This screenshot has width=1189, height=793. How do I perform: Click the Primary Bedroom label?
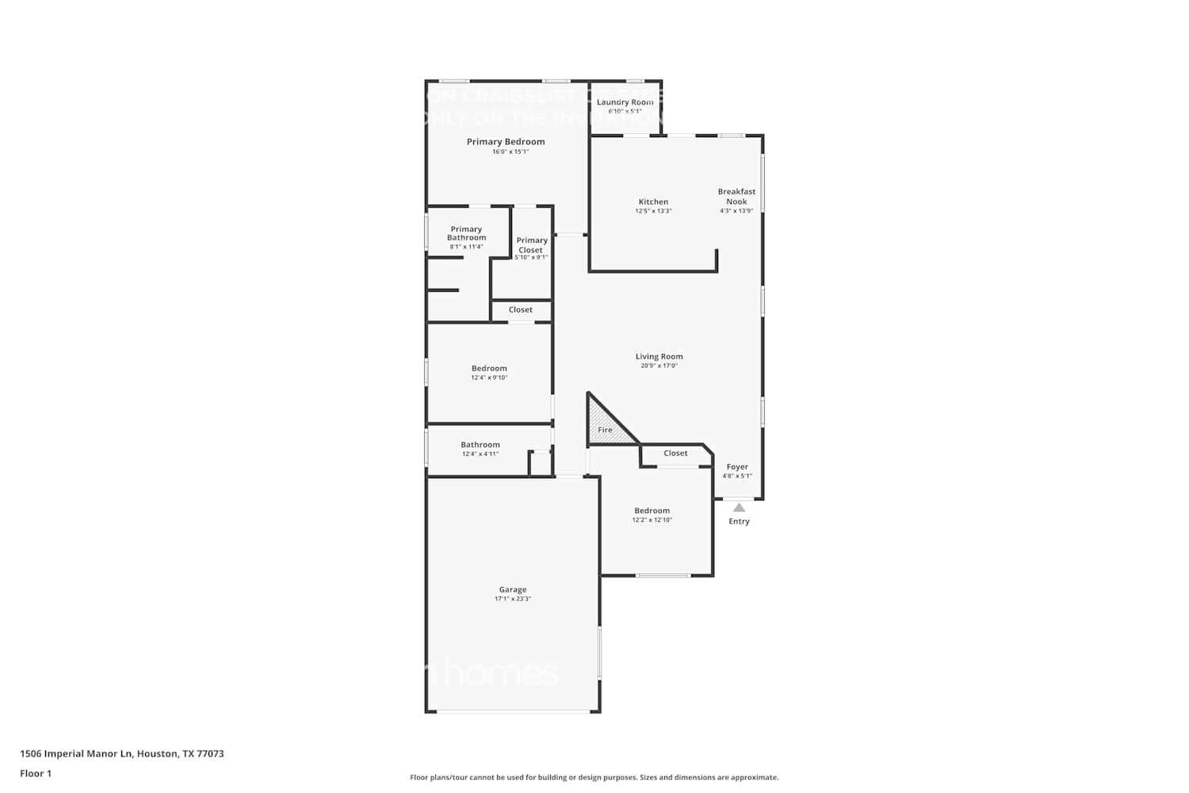point(506,142)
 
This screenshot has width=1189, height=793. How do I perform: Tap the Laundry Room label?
point(625,102)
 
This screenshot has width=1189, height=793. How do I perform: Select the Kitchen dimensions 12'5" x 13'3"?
point(653,211)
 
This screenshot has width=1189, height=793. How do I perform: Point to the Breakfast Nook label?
point(736,196)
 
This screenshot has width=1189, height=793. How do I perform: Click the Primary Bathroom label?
point(466,233)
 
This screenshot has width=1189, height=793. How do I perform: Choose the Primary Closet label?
point(532,245)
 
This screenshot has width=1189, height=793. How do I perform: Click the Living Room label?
point(659,357)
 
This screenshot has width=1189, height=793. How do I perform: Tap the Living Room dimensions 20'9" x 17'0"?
point(659,366)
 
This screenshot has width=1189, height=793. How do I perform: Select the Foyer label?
point(737,467)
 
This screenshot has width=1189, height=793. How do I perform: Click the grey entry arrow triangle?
point(739,508)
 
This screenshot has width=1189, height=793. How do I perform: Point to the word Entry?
point(739,521)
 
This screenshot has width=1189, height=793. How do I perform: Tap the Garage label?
point(513,589)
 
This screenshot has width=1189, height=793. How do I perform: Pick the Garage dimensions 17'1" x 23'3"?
point(513,599)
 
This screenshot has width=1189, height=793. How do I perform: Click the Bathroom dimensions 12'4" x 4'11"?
point(480,454)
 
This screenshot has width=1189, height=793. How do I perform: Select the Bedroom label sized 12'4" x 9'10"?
point(489,368)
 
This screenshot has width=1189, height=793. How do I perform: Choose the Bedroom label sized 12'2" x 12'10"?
point(652,511)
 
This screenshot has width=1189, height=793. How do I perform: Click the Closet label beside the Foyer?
point(675,453)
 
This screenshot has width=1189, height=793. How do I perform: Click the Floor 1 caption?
point(36,773)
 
